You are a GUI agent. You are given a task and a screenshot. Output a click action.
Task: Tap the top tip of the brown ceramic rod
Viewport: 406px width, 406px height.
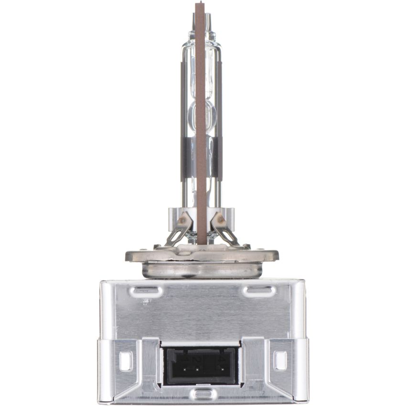point(200,5)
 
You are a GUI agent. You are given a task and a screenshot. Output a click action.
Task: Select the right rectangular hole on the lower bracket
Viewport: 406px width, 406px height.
point(280,361)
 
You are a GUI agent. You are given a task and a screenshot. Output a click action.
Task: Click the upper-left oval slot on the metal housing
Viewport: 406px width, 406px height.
point(146,290)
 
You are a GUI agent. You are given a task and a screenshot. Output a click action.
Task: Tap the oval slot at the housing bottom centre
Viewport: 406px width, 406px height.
point(203,394)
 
